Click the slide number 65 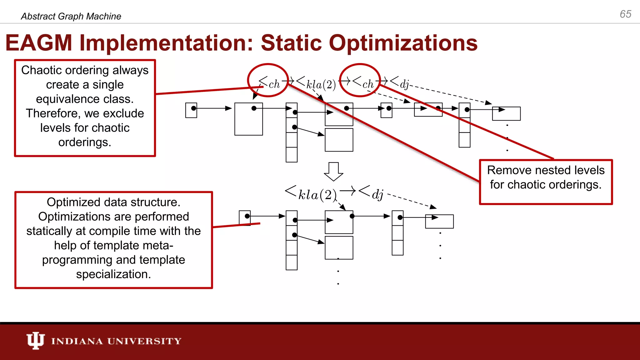pos(625,14)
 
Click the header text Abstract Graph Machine pos(71,16)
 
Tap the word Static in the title pos(291,43)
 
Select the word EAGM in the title pos(39,43)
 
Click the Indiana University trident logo pos(35,340)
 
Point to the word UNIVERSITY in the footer pos(144,341)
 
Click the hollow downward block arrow pos(333,171)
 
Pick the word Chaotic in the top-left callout pos(39,70)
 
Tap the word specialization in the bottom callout pos(113,274)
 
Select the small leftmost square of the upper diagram pos(191,110)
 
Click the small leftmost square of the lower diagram pos(245,218)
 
